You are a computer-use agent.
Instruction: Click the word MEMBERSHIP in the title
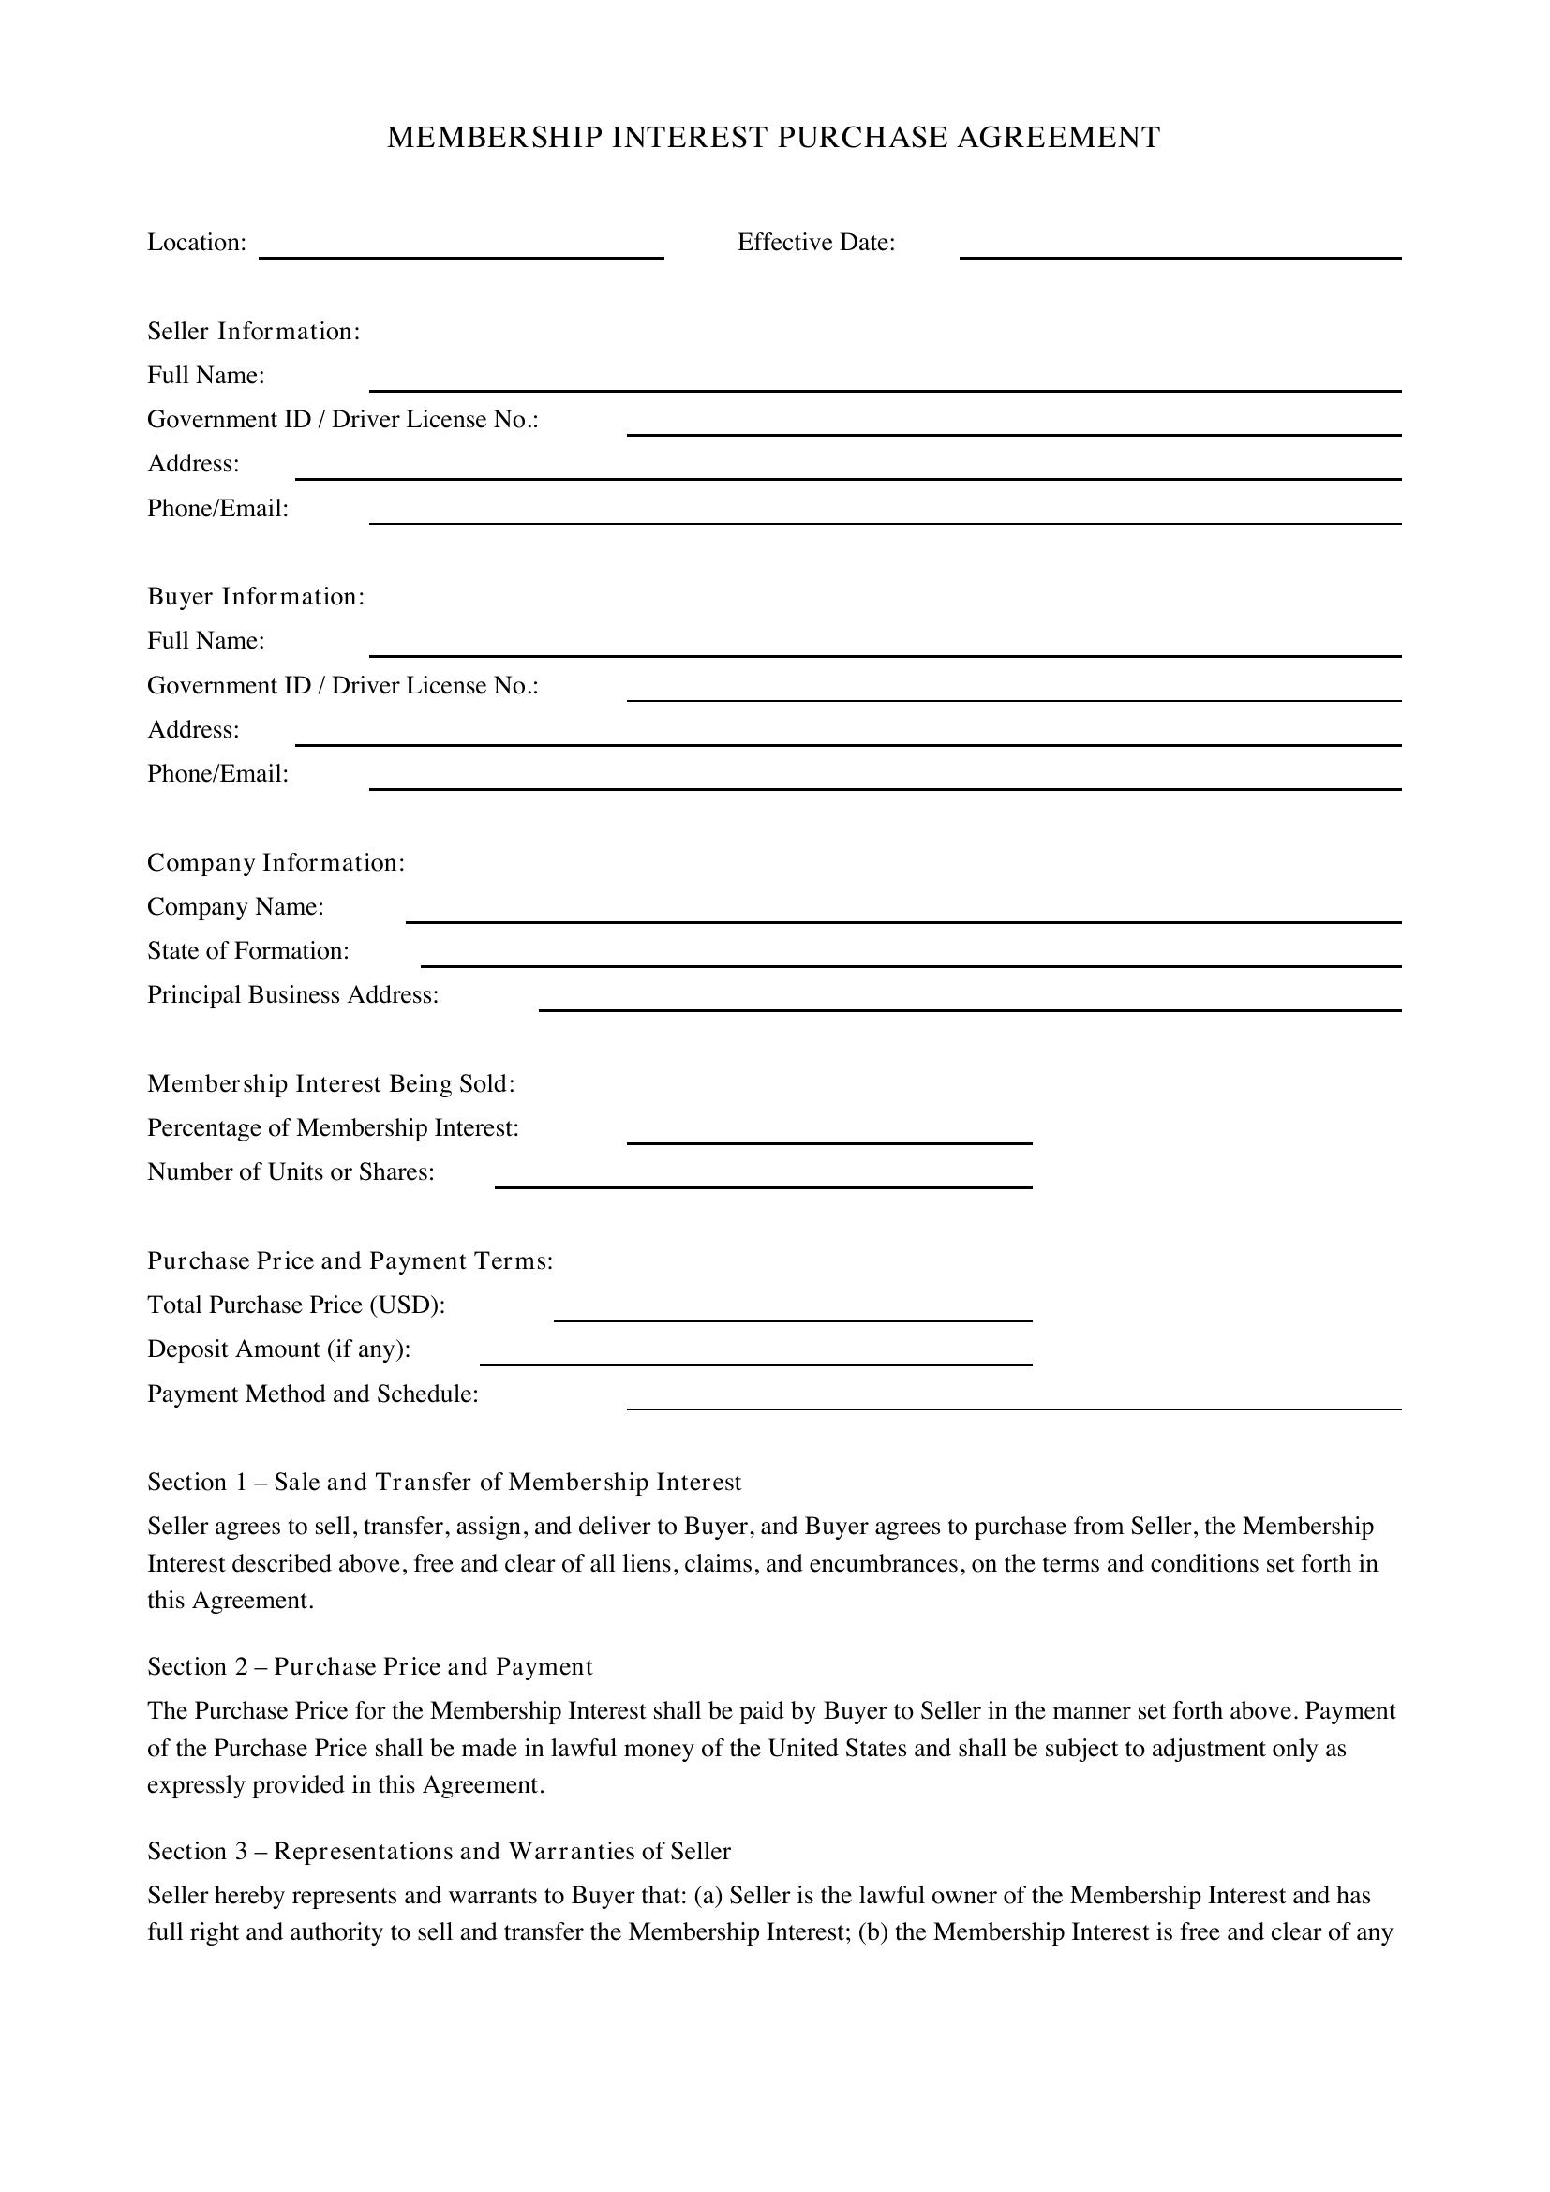point(495,138)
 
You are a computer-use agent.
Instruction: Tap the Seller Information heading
point(253,331)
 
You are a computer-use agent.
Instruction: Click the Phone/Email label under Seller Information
point(217,509)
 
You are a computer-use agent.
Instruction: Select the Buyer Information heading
point(256,597)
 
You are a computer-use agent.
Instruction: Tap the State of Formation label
point(248,951)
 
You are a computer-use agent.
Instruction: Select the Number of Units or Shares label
point(291,1172)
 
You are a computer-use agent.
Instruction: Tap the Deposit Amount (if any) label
point(278,1349)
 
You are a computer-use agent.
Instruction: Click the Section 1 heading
point(444,1482)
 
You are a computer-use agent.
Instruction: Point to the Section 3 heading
point(439,1851)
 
